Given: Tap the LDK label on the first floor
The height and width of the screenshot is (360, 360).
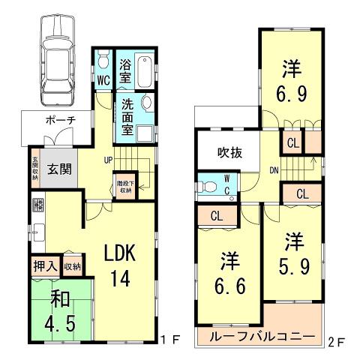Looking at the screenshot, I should pyautogui.click(x=119, y=253).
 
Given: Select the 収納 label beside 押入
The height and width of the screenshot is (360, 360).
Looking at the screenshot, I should pyautogui.click(x=72, y=265).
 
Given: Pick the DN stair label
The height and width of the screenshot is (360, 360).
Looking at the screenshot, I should pyautogui.click(x=274, y=170).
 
